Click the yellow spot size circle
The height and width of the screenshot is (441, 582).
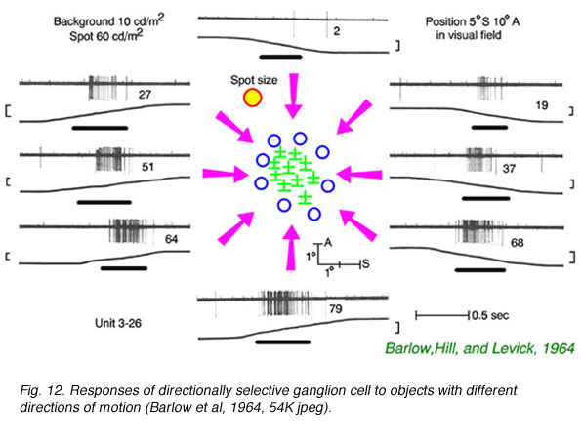(x=252, y=98)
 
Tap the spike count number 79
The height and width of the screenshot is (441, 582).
(x=336, y=309)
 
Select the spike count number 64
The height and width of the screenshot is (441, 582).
(x=171, y=239)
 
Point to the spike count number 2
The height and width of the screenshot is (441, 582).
(x=337, y=31)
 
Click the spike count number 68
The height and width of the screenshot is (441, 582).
(x=517, y=243)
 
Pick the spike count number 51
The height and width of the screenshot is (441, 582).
(x=147, y=167)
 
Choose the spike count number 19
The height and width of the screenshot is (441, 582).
(x=542, y=105)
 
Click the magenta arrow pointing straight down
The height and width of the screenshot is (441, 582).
(x=294, y=96)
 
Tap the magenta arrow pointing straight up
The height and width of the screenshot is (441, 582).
(x=291, y=248)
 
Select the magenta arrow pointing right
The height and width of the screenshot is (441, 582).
(x=226, y=174)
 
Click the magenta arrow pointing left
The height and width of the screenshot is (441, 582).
(x=359, y=175)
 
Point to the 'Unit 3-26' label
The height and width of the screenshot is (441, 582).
(x=118, y=323)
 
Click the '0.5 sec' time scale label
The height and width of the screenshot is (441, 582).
(x=490, y=316)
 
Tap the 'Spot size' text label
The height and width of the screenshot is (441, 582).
(x=254, y=80)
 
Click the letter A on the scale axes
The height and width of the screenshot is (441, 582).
(x=328, y=243)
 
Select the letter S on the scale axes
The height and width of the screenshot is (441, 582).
(x=366, y=264)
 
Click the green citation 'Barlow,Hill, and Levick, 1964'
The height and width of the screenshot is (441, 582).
(x=479, y=348)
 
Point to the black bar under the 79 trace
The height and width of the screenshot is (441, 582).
(x=283, y=341)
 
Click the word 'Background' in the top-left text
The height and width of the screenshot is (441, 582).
(x=84, y=21)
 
